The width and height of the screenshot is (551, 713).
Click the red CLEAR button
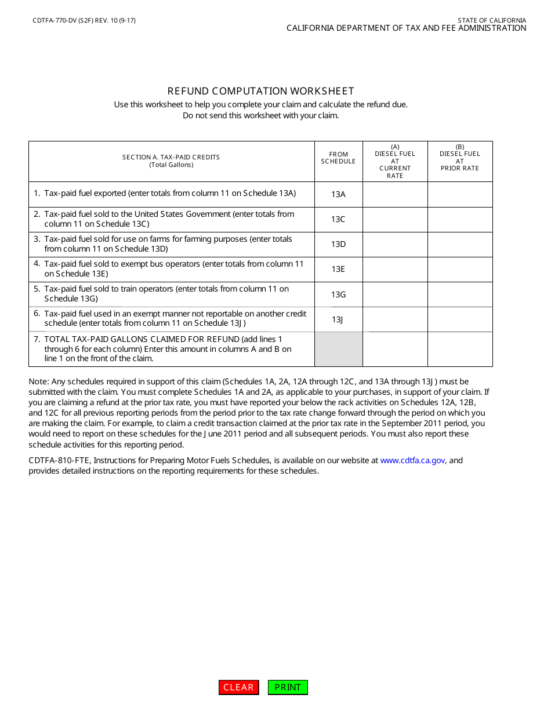239,687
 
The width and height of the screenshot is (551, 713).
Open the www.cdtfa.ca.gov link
412,460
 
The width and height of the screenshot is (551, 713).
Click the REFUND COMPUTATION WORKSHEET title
260,91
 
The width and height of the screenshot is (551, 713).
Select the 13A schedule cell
338,194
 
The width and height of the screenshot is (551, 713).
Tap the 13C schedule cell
338,219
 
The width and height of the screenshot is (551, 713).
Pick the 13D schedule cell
338,244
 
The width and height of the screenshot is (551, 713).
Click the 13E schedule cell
338,269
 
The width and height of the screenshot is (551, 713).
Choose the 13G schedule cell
338,294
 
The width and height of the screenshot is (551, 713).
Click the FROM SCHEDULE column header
338,158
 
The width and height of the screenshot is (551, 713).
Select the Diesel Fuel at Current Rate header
395,161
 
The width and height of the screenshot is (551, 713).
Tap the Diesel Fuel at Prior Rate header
460,158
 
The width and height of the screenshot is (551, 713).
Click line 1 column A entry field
395,194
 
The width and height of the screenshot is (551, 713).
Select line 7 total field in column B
460,349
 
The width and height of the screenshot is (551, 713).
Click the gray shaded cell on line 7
338,349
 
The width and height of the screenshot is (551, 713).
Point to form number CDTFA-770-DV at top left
84,20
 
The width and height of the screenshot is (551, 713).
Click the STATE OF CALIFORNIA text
492,20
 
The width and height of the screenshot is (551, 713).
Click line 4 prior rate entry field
460,269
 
